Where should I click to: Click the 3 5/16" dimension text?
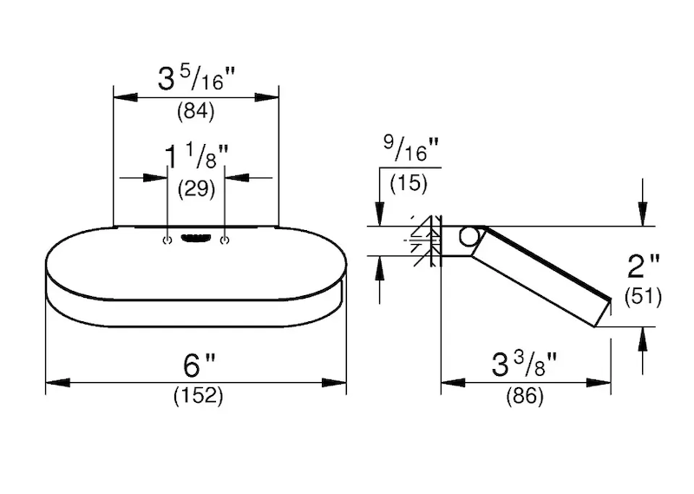click(196, 78)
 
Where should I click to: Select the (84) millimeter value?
click(196, 111)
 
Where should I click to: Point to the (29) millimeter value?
click(196, 189)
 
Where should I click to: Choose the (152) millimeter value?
click(199, 395)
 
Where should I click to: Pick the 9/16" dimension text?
click(411, 149)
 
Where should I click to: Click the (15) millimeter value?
click(409, 183)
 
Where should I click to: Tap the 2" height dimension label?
click(643, 267)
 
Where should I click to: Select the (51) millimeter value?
click(643, 296)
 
